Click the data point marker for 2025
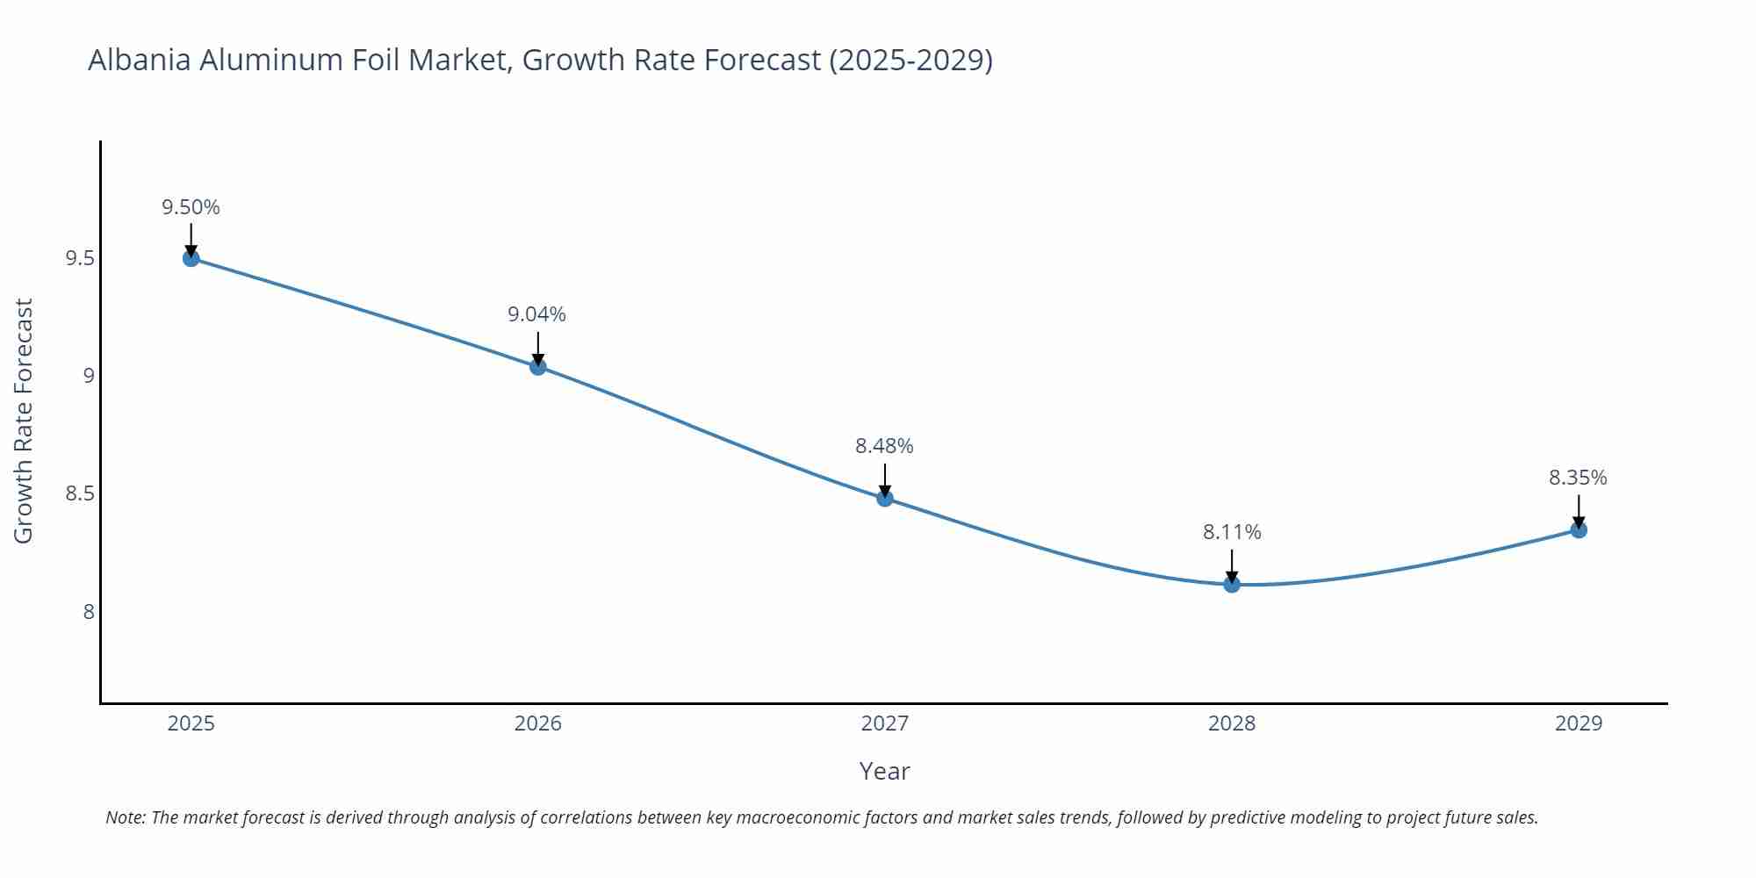[x=191, y=258]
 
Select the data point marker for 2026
[x=538, y=367]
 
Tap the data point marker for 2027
[x=885, y=499]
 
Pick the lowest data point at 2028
[x=1232, y=585]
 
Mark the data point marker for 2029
[x=1579, y=529]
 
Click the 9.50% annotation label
[x=191, y=207]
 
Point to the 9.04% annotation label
[x=536, y=314]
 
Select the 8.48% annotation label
[x=884, y=446]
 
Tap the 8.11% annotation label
[x=1232, y=532]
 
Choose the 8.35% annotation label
[x=1578, y=478]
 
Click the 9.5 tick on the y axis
[x=80, y=259]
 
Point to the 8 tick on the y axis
[x=89, y=612]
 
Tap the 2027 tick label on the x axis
[x=885, y=723]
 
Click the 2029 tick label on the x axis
[x=1579, y=723]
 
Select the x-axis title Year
[x=884, y=771]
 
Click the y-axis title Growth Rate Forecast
[x=24, y=421]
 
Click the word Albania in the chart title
[x=139, y=60]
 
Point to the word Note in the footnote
[x=125, y=817]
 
